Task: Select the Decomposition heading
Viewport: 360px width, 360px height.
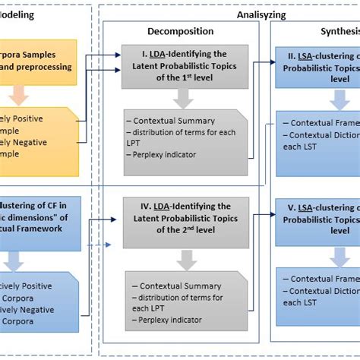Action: pyautogui.click(x=181, y=31)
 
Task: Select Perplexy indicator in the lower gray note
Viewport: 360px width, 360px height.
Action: pyautogui.click(x=169, y=321)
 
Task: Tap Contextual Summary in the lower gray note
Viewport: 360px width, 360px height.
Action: pyautogui.click(x=169, y=286)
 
